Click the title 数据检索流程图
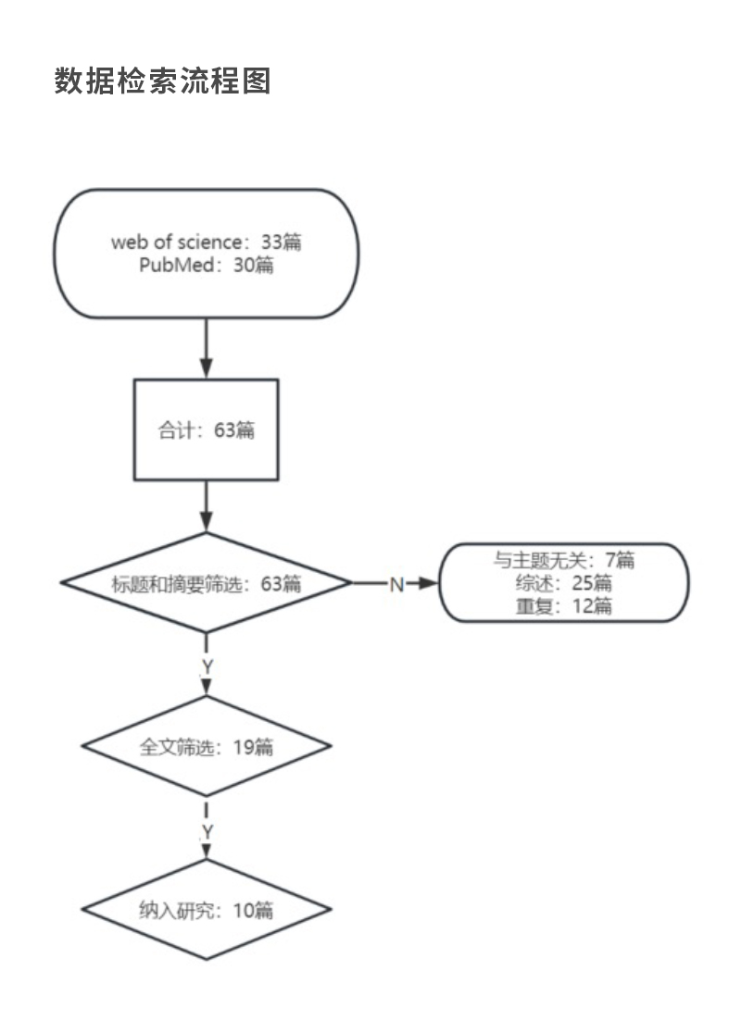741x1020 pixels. (162, 81)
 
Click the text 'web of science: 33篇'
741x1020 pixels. (206, 243)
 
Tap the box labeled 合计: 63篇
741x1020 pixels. (206, 429)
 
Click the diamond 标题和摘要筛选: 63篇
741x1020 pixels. (206, 584)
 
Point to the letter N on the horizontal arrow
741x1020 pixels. (396, 584)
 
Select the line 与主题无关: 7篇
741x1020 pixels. (563, 560)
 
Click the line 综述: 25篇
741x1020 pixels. (563, 583)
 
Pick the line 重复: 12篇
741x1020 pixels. (563, 607)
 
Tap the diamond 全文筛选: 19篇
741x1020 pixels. (206, 746)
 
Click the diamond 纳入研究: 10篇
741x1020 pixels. (206, 910)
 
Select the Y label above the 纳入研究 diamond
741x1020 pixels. (207, 832)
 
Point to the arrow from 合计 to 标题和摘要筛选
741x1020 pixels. (206, 506)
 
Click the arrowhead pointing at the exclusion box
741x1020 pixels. (427, 584)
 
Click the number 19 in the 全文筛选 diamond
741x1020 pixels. (244, 746)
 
